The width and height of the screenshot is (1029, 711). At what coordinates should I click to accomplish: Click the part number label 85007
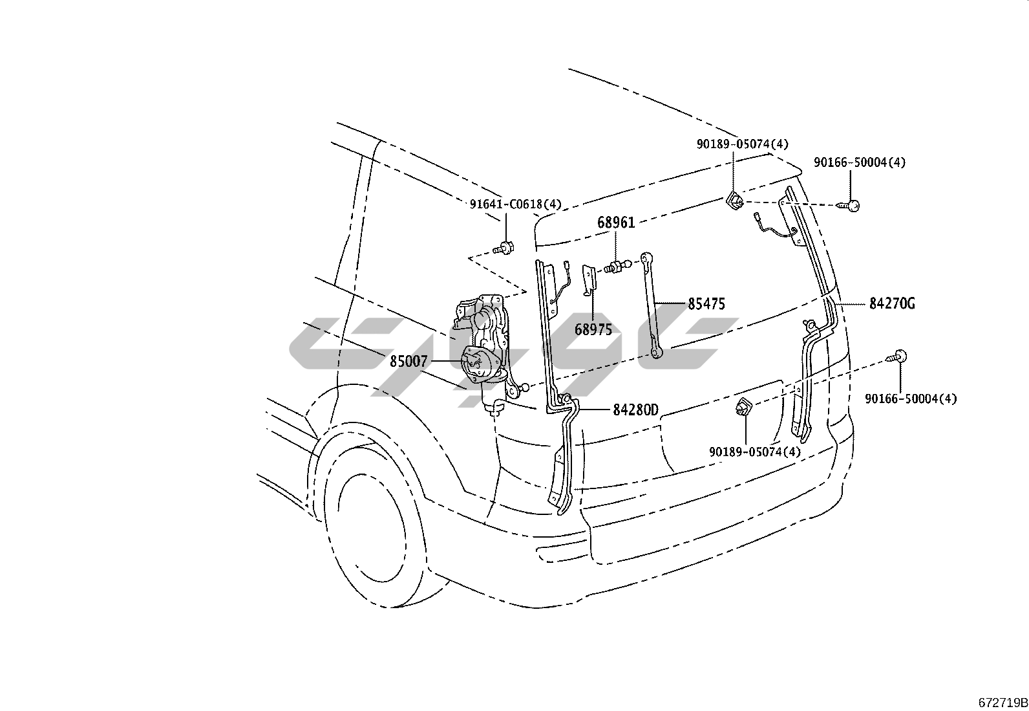pos(408,362)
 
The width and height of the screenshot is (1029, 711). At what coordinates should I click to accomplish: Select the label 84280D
pos(635,410)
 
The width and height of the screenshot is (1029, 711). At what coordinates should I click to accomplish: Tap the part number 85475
pos(706,303)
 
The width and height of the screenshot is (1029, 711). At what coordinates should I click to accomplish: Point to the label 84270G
pos(891,303)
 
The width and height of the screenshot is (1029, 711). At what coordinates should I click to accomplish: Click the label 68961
pos(615,223)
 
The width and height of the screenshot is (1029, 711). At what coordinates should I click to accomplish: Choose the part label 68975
pos(593,330)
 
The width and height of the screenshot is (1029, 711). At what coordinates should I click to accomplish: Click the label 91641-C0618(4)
pos(515,204)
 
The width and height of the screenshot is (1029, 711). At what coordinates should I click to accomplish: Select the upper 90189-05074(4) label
pos(742,144)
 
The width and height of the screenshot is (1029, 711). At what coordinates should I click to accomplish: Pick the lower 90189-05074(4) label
pos(754,452)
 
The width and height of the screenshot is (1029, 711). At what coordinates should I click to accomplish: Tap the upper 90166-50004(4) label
pos(859,162)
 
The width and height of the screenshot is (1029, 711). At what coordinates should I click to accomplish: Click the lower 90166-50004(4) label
pos(911,399)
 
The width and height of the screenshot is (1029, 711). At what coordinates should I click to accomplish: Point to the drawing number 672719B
pos(1002,703)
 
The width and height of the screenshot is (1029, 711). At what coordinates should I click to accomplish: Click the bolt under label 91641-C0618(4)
pos(504,247)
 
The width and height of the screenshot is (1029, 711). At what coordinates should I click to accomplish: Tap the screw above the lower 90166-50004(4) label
pos(896,355)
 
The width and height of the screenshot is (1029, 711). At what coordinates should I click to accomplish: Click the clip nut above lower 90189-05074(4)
pos(743,408)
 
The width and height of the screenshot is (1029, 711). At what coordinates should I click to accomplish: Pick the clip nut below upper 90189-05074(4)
pos(734,202)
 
